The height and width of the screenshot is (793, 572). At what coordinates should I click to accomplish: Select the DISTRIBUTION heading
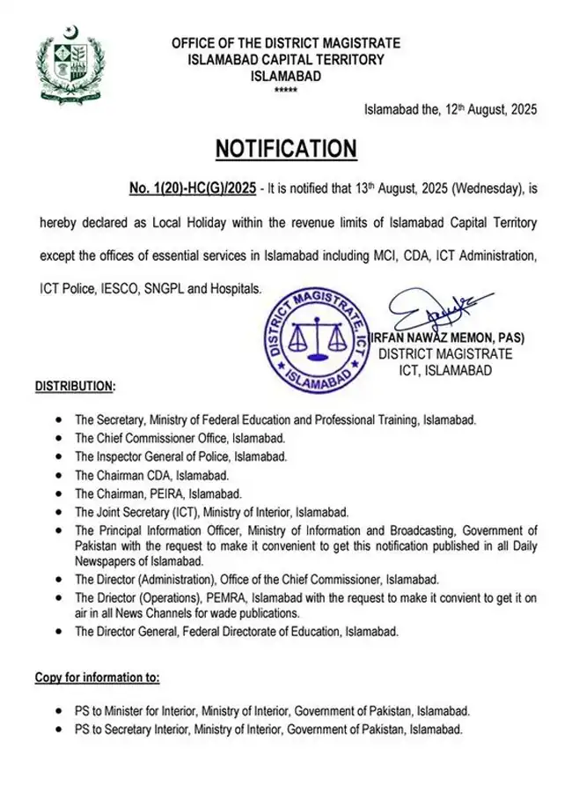coord(75,386)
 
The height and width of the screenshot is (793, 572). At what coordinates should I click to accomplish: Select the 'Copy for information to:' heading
coord(97,678)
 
